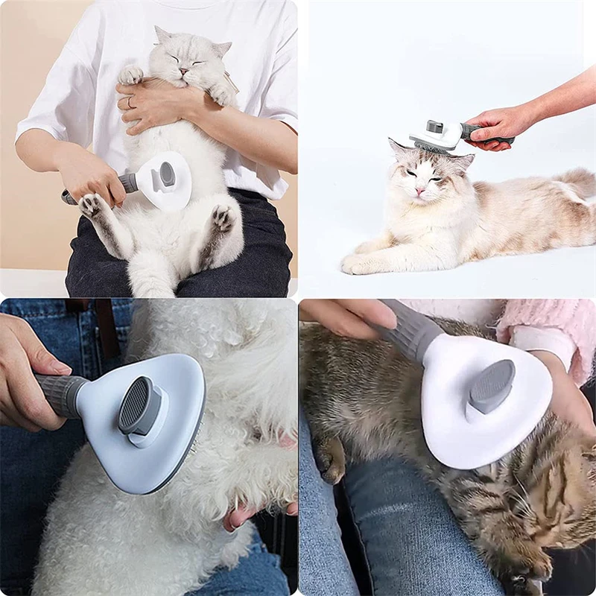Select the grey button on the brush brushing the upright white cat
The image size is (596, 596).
click(167, 174)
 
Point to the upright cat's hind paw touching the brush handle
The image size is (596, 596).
click(92, 205)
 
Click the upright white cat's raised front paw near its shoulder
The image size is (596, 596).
click(130, 74)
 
